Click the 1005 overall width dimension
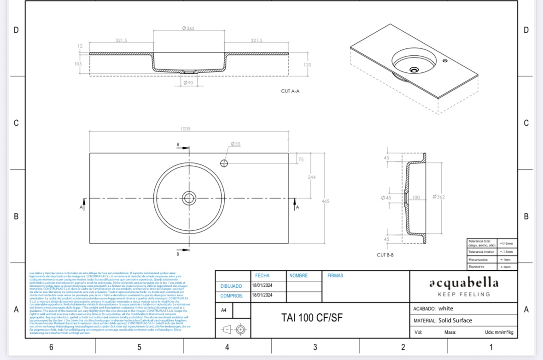pyautogui.click(x=186, y=129)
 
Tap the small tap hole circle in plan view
pyautogui.click(x=224, y=163)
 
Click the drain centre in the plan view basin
pyautogui.click(x=189, y=198)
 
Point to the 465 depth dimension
pyautogui.click(x=325, y=201)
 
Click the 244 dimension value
pyautogui.click(x=312, y=177)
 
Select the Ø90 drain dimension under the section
pyautogui.click(x=188, y=83)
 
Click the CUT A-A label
pyautogui.click(x=290, y=91)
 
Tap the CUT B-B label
pyautogui.click(x=385, y=255)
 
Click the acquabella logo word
pyautogui.click(x=464, y=282)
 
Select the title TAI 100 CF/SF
pyautogui.click(x=312, y=318)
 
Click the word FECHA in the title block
pyautogui.click(x=262, y=276)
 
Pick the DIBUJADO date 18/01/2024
pyautogui.click(x=262, y=285)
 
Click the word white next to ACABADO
pyautogui.click(x=445, y=308)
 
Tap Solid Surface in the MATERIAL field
pyautogui.click(x=455, y=320)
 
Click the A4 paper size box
pyautogui.click(x=223, y=310)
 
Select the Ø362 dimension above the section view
pyautogui.click(x=188, y=29)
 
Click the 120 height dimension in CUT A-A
pyautogui.click(x=307, y=65)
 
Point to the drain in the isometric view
pyautogui.click(x=414, y=70)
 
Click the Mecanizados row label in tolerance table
pyautogui.click(x=478, y=260)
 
